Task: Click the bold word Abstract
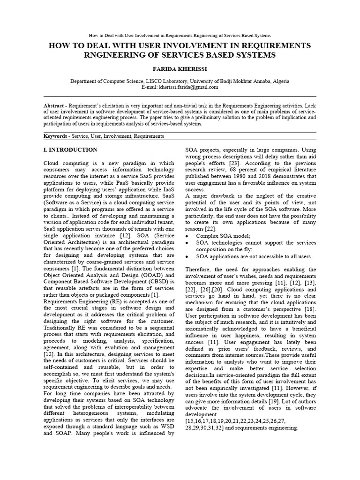(54, 105)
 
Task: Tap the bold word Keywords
(55, 136)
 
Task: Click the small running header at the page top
(180, 36)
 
